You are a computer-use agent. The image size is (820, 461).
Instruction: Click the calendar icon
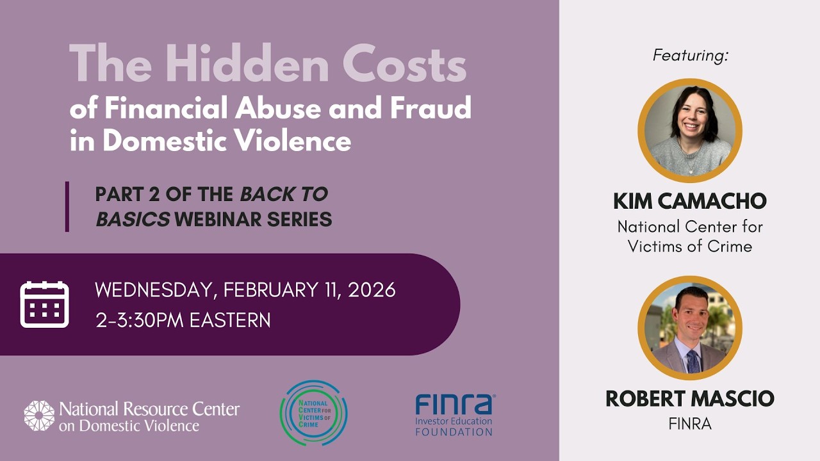tap(44, 304)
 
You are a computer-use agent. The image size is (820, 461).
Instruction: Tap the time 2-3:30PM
tap(139, 319)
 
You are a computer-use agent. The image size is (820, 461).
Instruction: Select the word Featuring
tap(691, 56)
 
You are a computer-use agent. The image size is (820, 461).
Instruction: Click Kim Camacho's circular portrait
tap(690, 131)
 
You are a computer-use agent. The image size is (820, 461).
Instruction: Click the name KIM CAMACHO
tap(690, 201)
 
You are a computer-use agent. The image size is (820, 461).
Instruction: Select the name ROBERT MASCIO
tap(690, 399)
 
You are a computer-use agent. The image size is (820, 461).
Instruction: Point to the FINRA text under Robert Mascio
tap(690, 424)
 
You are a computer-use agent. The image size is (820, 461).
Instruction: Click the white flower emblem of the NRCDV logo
tap(39, 416)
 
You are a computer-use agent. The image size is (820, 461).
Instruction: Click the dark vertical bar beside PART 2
tap(67, 206)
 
